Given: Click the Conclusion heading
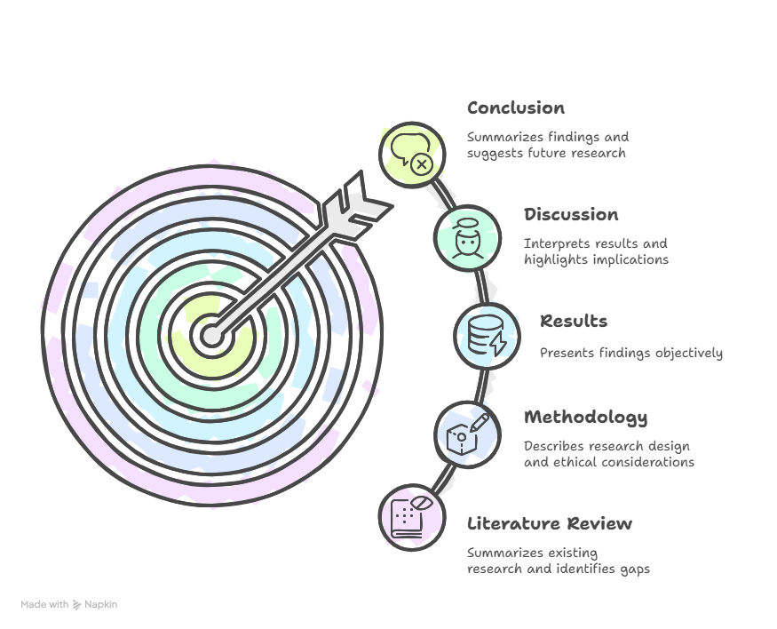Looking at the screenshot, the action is coord(515,108).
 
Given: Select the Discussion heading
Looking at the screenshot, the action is coord(571,215).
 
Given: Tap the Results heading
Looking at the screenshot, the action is coord(574,322).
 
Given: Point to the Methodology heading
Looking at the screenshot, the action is coord(586,418).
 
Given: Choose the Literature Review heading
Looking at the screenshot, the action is coord(550,523).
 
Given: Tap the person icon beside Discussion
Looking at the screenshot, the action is coord(467,238).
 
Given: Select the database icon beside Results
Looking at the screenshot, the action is coord(488,335).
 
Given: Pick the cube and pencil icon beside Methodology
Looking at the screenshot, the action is coord(467,434).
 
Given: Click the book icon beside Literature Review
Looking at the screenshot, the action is coord(411,517).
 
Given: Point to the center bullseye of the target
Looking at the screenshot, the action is coord(212,336).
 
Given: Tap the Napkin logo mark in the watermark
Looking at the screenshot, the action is coord(76,605).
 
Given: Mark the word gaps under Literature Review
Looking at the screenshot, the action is coord(635,569).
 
